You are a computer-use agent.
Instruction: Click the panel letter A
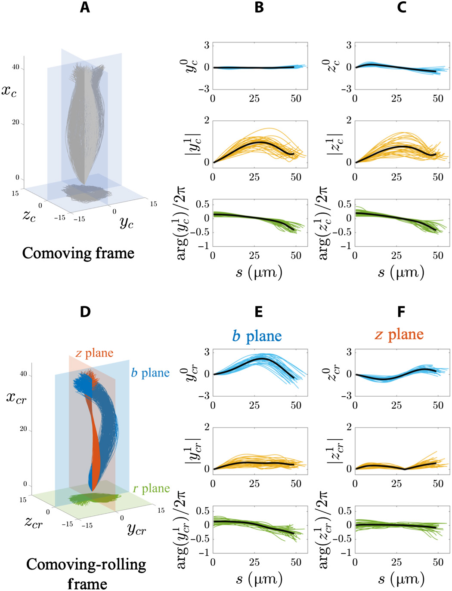coord(85,7)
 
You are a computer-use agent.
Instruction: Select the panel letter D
coord(85,312)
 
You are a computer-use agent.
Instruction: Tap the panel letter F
coord(401,312)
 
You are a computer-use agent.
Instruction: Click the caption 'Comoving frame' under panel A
coord(78,253)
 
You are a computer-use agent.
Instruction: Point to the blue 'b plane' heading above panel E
coord(257,336)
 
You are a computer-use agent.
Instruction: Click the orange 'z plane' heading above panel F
coord(399,334)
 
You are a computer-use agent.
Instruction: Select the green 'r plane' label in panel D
coord(151,489)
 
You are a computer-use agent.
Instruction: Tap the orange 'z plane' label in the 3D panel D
coord(94,353)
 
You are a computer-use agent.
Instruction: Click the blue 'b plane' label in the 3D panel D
coord(150,373)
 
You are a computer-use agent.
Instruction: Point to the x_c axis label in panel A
coord(9,91)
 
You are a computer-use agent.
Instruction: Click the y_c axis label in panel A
coord(127,222)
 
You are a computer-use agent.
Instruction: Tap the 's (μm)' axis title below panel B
coord(259,273)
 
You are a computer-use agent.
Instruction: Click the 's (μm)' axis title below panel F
coord(401,579)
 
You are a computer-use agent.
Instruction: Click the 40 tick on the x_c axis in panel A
coord(16,67)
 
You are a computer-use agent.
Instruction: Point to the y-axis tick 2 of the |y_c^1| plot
coord(207,120)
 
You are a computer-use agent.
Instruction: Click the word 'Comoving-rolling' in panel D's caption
coord(86,564)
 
